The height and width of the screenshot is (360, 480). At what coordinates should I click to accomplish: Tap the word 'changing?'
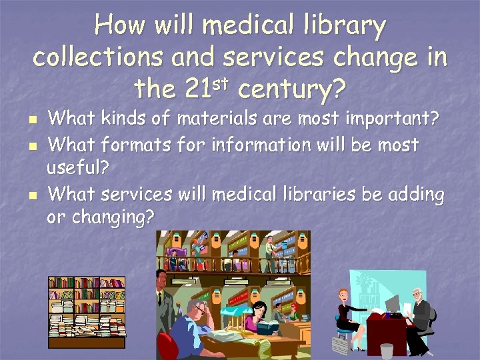101,217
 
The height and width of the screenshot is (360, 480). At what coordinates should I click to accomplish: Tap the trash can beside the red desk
342,343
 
